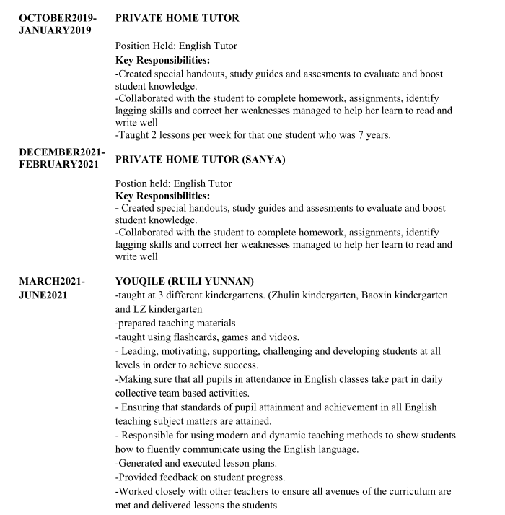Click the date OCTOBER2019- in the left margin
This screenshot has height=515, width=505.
(57, 17)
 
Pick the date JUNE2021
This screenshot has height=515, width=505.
(43, 295)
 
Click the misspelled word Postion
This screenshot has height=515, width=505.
(133, 183)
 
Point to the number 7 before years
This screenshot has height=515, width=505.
(356, 135)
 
